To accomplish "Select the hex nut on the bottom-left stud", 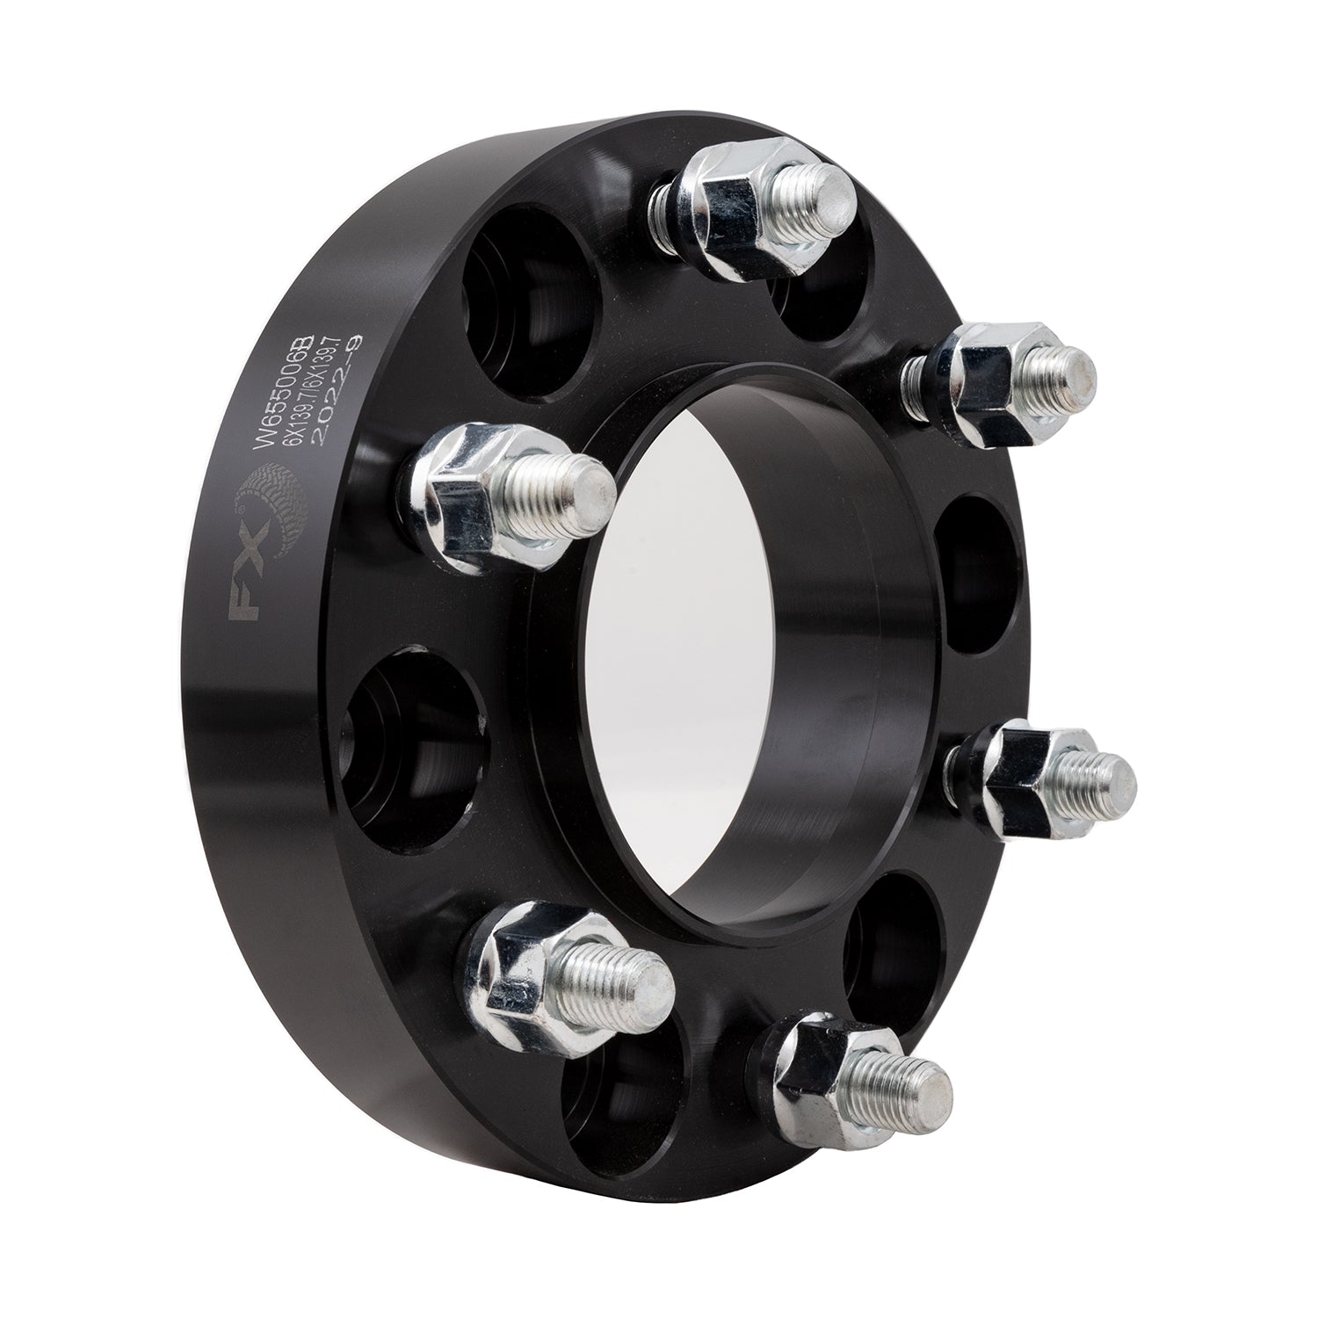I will (527, 967).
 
